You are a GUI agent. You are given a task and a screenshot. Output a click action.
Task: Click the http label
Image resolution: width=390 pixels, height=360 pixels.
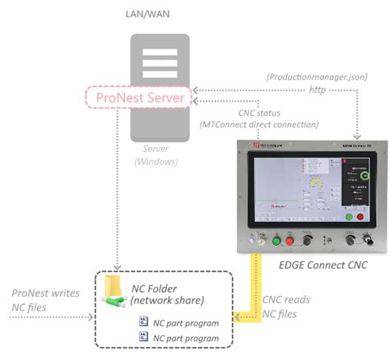coord(316,90)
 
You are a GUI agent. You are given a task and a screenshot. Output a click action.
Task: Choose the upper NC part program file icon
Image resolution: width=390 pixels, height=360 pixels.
coord(143,322)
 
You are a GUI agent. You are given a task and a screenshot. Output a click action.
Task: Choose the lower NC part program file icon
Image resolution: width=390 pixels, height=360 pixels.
coord(143,337)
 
